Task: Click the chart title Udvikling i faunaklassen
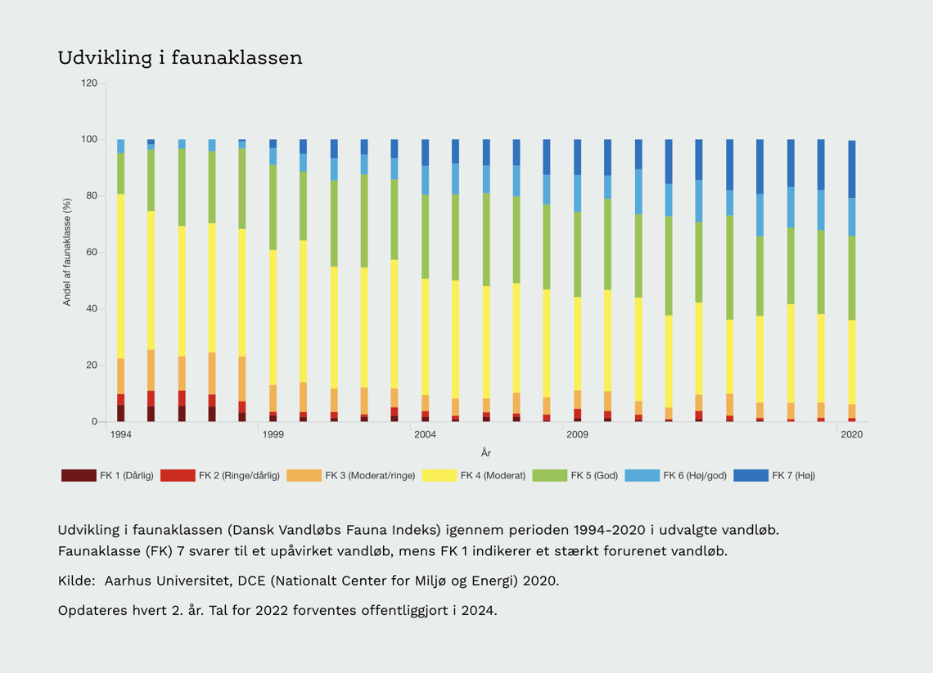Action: coord(180,58)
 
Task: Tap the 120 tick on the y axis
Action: coord(89,83)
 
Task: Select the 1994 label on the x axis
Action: coord(120,434)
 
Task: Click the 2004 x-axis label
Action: coord(425,434)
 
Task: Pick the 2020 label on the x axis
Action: coord(851,434)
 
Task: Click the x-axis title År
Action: coord(486,452)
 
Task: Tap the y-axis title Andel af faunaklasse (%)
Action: coord(68,253)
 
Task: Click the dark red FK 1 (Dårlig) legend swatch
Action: coord(79,476)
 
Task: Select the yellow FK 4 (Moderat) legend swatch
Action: coord(439,476)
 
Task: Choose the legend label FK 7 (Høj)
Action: coord(794,476)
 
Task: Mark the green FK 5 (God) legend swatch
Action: coord(549,476)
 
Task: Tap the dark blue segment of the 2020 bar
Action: coord(852,168)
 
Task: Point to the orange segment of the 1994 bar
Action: coord(121,376)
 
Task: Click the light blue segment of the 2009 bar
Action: coord(577,193)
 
